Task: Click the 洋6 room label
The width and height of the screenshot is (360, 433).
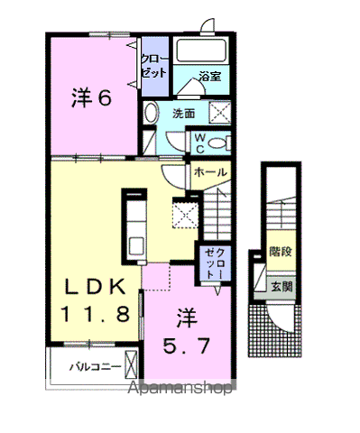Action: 92,98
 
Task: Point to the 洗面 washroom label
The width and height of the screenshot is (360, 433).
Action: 184,114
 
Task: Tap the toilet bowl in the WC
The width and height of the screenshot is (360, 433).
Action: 223,143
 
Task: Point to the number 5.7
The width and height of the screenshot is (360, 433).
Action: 187,344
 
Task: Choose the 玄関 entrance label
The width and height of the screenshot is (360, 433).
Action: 280,288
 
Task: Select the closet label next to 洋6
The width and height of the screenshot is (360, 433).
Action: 152,67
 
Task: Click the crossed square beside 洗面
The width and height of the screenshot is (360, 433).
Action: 218,113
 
